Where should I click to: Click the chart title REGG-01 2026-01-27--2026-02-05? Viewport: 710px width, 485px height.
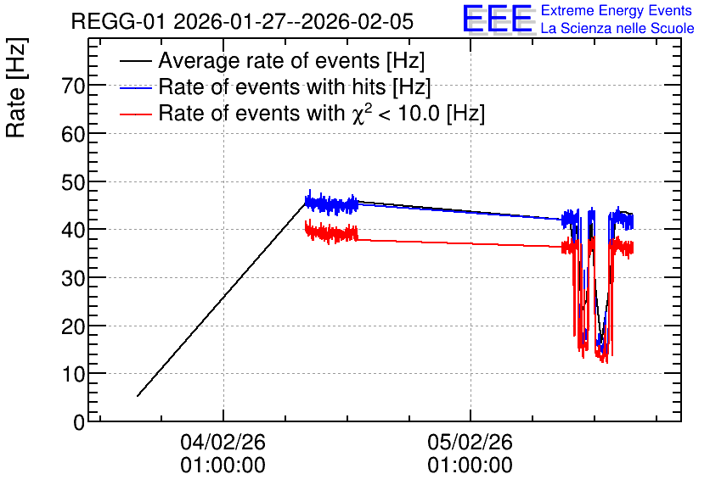coord(242,21)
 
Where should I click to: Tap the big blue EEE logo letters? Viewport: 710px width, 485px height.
coord(498,19)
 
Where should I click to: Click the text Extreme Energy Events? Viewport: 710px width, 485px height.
coord(617,10)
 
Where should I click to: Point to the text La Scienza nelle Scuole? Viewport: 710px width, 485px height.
coord(617,28)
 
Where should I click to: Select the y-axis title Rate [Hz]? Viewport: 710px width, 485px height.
coord(16,88)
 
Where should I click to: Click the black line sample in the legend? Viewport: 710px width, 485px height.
coord(135,61)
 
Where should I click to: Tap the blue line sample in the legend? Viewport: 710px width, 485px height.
coord(135,87)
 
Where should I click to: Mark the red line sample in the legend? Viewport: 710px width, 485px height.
coord(135,114)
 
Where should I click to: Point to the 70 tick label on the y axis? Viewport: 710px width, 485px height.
coord(73,86)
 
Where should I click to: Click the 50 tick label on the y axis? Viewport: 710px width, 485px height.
coord(73,181)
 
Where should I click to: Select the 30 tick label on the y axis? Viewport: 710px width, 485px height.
coord(73,278)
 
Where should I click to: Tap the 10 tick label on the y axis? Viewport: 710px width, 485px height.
coord(73,374)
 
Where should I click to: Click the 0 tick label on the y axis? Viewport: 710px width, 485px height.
coord(79,422)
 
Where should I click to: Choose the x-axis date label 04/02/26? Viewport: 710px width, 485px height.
coord(223,442)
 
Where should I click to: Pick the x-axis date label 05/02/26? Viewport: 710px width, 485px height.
coord(470,442)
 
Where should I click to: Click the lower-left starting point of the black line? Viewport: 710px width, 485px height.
coord(138,396)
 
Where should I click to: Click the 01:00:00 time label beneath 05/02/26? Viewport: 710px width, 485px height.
coord(470,465)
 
